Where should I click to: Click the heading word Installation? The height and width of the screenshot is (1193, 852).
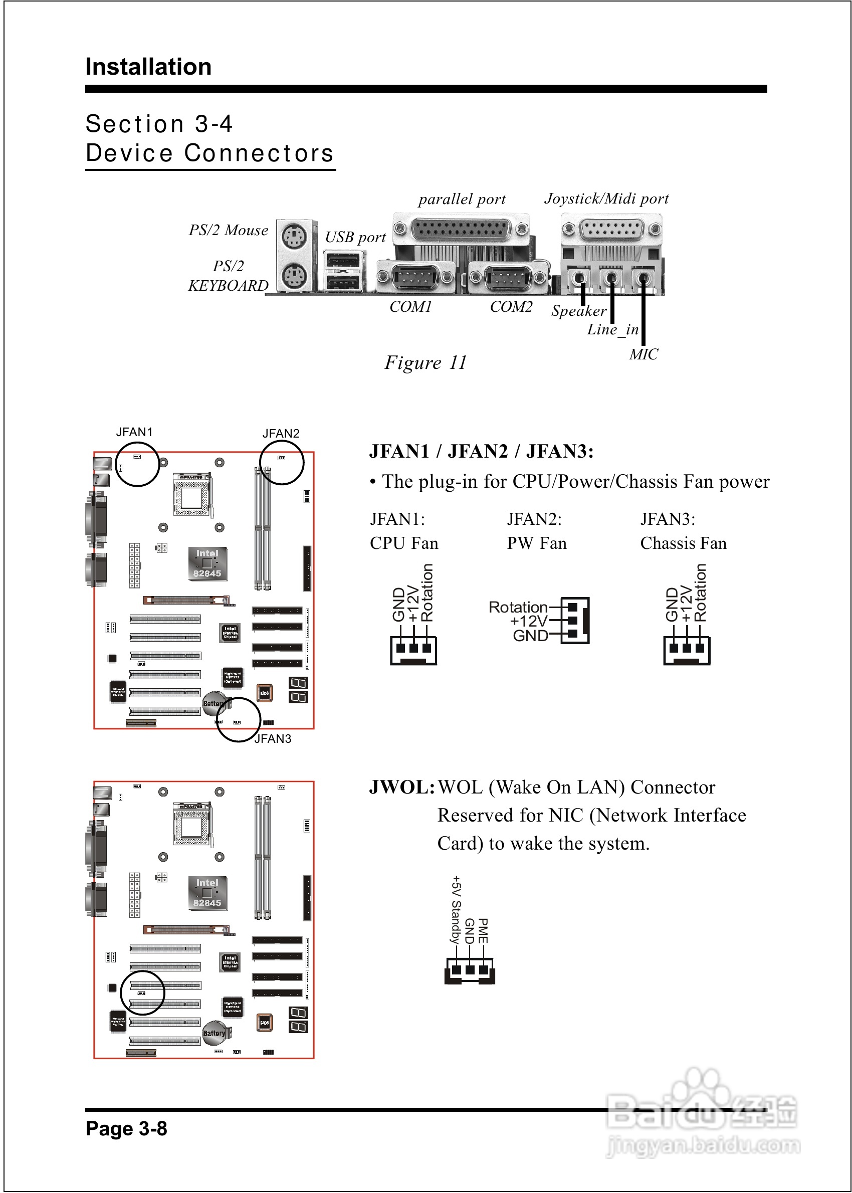pyautogui.click(x=148, y=67)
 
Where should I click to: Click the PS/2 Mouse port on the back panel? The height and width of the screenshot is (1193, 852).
pyautogui.click(x=294, y=237)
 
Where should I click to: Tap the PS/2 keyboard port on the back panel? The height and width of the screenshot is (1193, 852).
pyautogui.click(x=294, y=275)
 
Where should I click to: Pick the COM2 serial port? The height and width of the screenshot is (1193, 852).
pyautogui.click(x=507, y=277)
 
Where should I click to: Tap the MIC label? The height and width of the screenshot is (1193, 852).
pyautogui.click(x=644, y=355)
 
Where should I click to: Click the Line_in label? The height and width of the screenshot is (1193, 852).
pyautogui.click(x=612, y=329)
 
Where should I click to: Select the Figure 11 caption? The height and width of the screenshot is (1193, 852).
pyautogui.click(x=425, y=362)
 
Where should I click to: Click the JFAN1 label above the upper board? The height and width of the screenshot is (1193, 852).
pyautogui.click(x=134, y=432)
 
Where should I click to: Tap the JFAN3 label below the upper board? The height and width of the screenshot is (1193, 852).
pyautogui.click(x=273, y=739)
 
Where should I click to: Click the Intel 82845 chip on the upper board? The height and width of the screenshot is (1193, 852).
pyautogui.click(x=207, y=564)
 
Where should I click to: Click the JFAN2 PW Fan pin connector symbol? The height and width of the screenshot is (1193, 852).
pyautogui.click(x=575, y=621)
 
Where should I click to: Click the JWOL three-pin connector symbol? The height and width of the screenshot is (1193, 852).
pyautogui.click(x=470, y=970)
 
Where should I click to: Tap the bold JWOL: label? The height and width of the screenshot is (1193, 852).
pyautogui.click(x=402, y=787)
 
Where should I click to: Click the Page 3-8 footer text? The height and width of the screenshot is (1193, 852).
pyautogui.click(x=126, y=1128)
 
